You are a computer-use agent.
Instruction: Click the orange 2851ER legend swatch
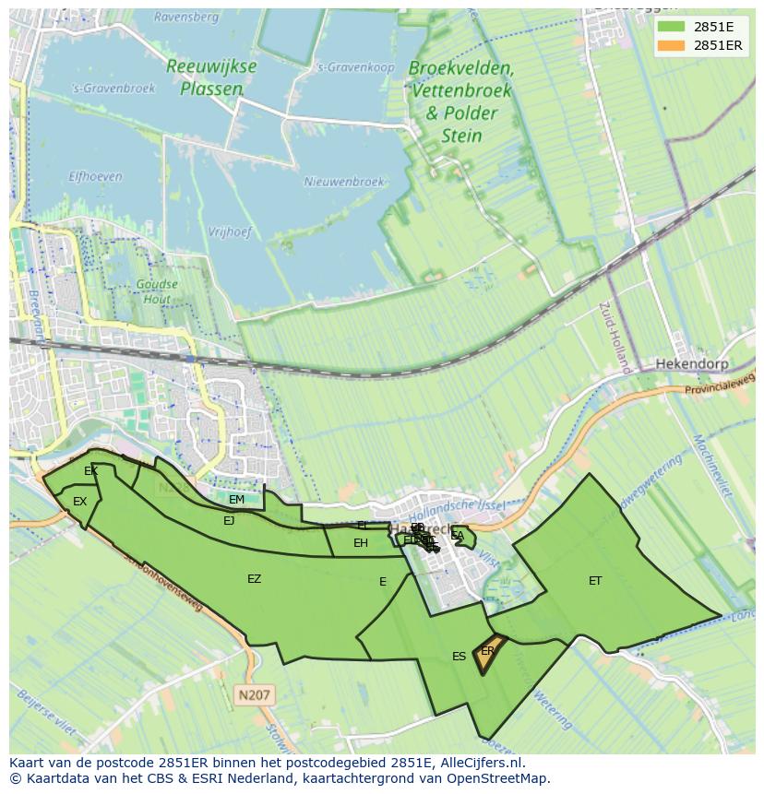671,45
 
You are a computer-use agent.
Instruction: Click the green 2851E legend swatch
671,26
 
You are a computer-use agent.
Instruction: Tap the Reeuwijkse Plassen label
211,77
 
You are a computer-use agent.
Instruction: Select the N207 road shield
255,693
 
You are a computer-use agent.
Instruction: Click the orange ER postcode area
489,652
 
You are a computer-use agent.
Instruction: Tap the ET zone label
595,580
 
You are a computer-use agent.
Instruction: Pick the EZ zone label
254,579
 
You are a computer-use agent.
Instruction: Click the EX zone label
79,502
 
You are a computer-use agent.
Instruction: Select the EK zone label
90,471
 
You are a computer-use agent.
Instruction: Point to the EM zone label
237,500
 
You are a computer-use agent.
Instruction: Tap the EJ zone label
229,520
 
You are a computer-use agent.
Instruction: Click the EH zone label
361,543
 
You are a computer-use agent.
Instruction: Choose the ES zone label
459,657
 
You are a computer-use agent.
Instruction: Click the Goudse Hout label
156,291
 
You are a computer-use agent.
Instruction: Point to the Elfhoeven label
95,175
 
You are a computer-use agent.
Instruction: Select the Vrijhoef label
230,232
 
